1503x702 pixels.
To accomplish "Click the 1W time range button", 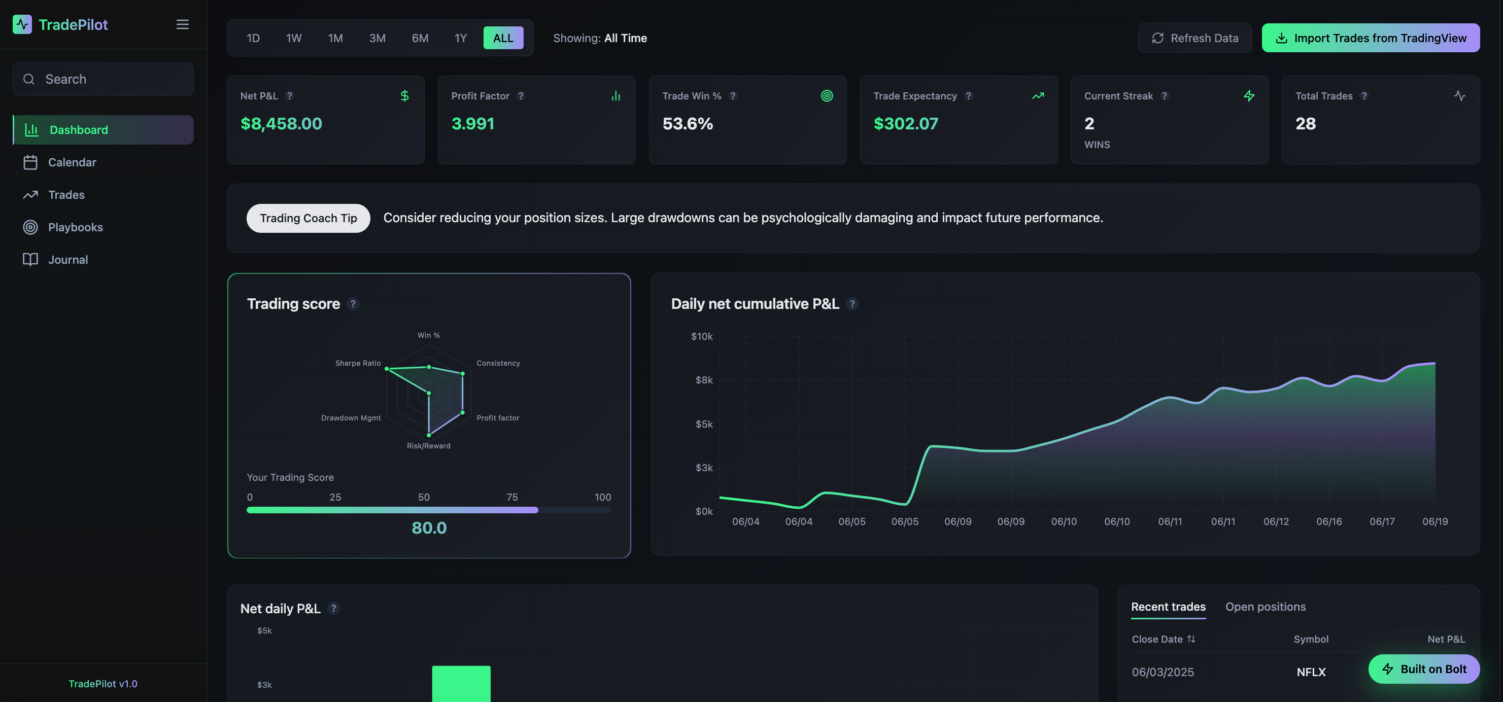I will point(293,38).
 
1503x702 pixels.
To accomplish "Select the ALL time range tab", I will point(503,38).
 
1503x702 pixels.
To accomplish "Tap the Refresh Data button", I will point(1194,38).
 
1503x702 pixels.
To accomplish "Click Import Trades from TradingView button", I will point(1370,38).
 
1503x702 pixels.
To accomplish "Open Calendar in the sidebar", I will point(72,162).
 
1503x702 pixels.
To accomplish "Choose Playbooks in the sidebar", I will point(75,227).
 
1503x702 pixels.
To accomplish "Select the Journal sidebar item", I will point(67,260).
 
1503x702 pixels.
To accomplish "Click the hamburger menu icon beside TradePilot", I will point(183,24).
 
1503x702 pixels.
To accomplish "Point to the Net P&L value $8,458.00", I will point(281,124).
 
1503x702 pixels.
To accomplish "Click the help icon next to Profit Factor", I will point(521,96).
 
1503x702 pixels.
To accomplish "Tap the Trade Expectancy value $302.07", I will point(906,124).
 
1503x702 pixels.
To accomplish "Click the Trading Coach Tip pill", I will point(308,218).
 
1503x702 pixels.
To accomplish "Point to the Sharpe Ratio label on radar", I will point(358,363).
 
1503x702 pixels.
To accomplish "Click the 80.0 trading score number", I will point(429,528).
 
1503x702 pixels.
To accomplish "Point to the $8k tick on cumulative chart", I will point(704,380).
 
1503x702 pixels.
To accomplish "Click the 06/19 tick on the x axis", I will point(1434,521).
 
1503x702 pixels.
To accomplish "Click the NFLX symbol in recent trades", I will point(1311,672).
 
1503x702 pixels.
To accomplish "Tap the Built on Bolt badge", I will point(1424,669).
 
